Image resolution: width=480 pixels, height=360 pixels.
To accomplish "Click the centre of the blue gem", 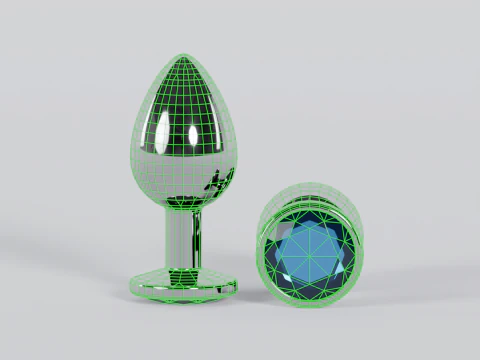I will pos(312,254).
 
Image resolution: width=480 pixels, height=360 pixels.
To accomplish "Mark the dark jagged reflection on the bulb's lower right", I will pos(218,182).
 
